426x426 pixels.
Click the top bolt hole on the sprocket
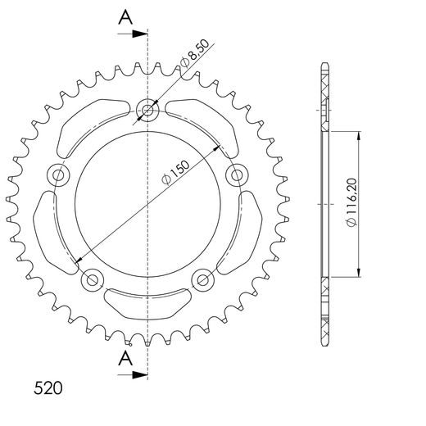(x=147, y=109)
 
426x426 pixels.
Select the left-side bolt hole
(x=59, y=174)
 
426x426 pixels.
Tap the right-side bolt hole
(x=237, y=174)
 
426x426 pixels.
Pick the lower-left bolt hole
(x=93, y=279)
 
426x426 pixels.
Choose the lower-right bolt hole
(x=202, y=279)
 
